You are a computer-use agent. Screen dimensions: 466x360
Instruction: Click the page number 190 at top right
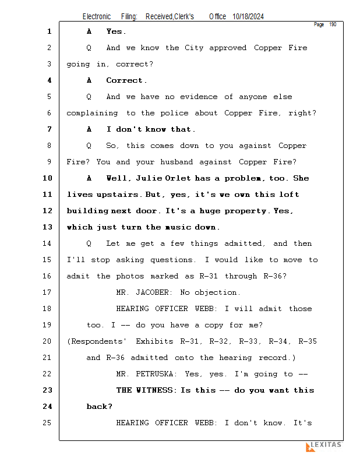point(333,24)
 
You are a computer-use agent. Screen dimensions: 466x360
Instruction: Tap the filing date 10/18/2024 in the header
point(248,17)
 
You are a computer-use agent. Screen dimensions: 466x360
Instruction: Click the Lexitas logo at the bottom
point(323,446)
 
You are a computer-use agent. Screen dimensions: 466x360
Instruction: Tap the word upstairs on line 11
point(116,195)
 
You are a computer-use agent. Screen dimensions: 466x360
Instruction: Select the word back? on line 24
point(100,407)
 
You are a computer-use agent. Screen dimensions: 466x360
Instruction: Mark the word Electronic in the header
point(97,17)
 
